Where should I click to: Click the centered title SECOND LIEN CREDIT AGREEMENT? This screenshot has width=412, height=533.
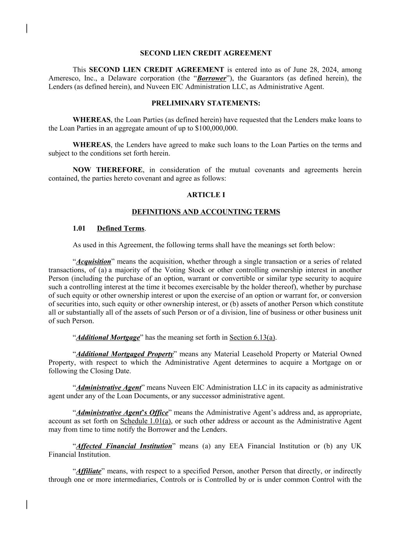205,53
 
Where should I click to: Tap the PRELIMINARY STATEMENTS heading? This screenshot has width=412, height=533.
205,103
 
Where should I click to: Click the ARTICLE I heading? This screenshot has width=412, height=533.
205,195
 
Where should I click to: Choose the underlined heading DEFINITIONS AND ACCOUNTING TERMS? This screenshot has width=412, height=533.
205,212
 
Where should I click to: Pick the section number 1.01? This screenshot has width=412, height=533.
79,228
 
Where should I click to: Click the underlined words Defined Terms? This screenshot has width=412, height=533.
121,228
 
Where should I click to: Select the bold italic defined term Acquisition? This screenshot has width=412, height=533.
93,262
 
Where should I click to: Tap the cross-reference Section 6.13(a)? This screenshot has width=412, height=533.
253,337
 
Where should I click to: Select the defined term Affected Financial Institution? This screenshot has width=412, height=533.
124,446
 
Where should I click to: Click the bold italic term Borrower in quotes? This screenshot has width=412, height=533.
212,78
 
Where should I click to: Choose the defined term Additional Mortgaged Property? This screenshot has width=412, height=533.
125,354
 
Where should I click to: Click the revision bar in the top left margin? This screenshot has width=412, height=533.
27,29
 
